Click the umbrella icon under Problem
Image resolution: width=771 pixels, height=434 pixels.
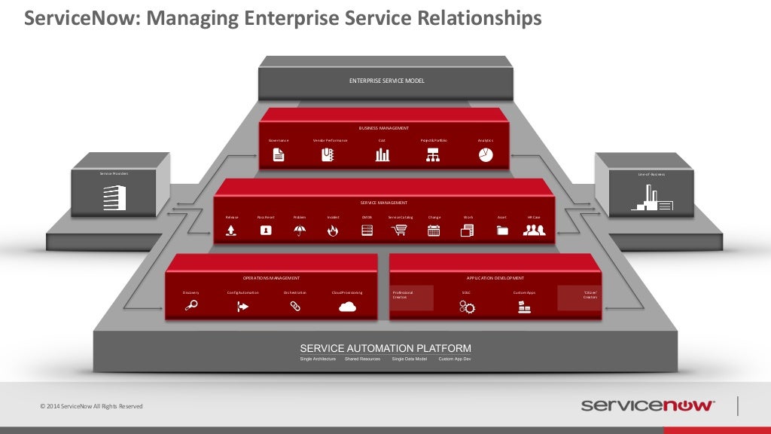coord(299,231)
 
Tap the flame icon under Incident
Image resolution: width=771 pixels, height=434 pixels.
coord(333,231)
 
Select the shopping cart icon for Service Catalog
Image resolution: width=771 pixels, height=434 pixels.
coord(399,231)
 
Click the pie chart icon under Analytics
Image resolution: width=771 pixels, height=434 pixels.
coord(485,154)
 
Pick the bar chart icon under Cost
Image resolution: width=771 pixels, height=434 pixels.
coord(382,154)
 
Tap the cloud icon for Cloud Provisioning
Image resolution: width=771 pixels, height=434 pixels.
coord(346,306)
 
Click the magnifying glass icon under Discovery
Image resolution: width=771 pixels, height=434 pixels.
coord(191,306)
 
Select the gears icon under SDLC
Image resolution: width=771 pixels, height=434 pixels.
coord(467,307)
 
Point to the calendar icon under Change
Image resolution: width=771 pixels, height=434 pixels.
coord(434,231)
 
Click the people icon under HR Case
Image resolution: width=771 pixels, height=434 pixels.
coord(534,231)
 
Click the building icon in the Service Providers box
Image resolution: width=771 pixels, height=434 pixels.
coord(114,197)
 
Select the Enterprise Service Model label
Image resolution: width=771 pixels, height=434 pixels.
coord(386,81)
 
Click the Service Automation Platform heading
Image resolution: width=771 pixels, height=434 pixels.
coord(385,348)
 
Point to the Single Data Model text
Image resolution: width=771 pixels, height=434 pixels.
coord(409,359)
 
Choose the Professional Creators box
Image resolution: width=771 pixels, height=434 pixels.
coord(411,298)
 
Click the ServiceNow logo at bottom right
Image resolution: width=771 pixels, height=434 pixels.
coord(648,405)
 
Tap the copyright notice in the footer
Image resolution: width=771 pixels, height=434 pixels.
coord(91,407)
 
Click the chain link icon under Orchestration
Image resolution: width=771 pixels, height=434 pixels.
coord(295,306)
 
